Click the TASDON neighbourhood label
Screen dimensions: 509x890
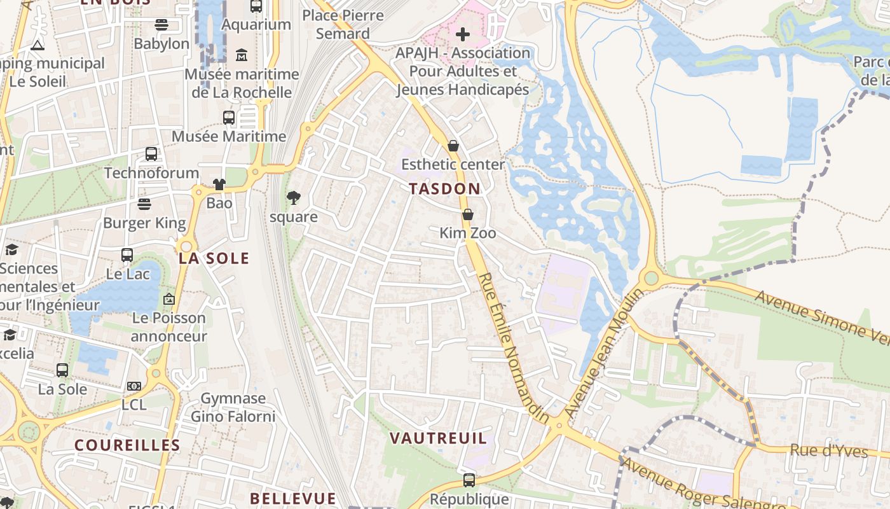click(x=445, y=189)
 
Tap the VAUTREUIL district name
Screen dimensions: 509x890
click(x=438, y=438)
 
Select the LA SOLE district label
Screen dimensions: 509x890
click(x=214, y=258)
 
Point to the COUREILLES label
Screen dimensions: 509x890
click(x=128, y=445)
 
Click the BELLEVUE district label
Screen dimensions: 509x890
click(x=292, y=498)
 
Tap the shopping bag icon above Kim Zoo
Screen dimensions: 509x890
click(x=468, y=215)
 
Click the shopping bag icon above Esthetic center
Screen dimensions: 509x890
click(x=453, y=146)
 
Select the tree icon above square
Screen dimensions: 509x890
click(x=293, y=198)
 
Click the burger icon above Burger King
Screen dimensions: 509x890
click(x=144, y=204)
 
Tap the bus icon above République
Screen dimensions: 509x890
click(x=469, y=480)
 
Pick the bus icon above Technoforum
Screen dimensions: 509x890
click(x=151, y=154)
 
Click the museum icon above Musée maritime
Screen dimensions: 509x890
click(x=242, y=55)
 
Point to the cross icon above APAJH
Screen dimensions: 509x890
click(x=463, y=34)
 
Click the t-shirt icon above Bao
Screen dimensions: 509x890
click(x=219, y=185)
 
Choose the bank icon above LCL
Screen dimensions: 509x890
click(x=133, y=386)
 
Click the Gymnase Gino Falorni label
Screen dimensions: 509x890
click(x=233, y=407)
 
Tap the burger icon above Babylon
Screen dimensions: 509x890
click(x=161, y=25)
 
